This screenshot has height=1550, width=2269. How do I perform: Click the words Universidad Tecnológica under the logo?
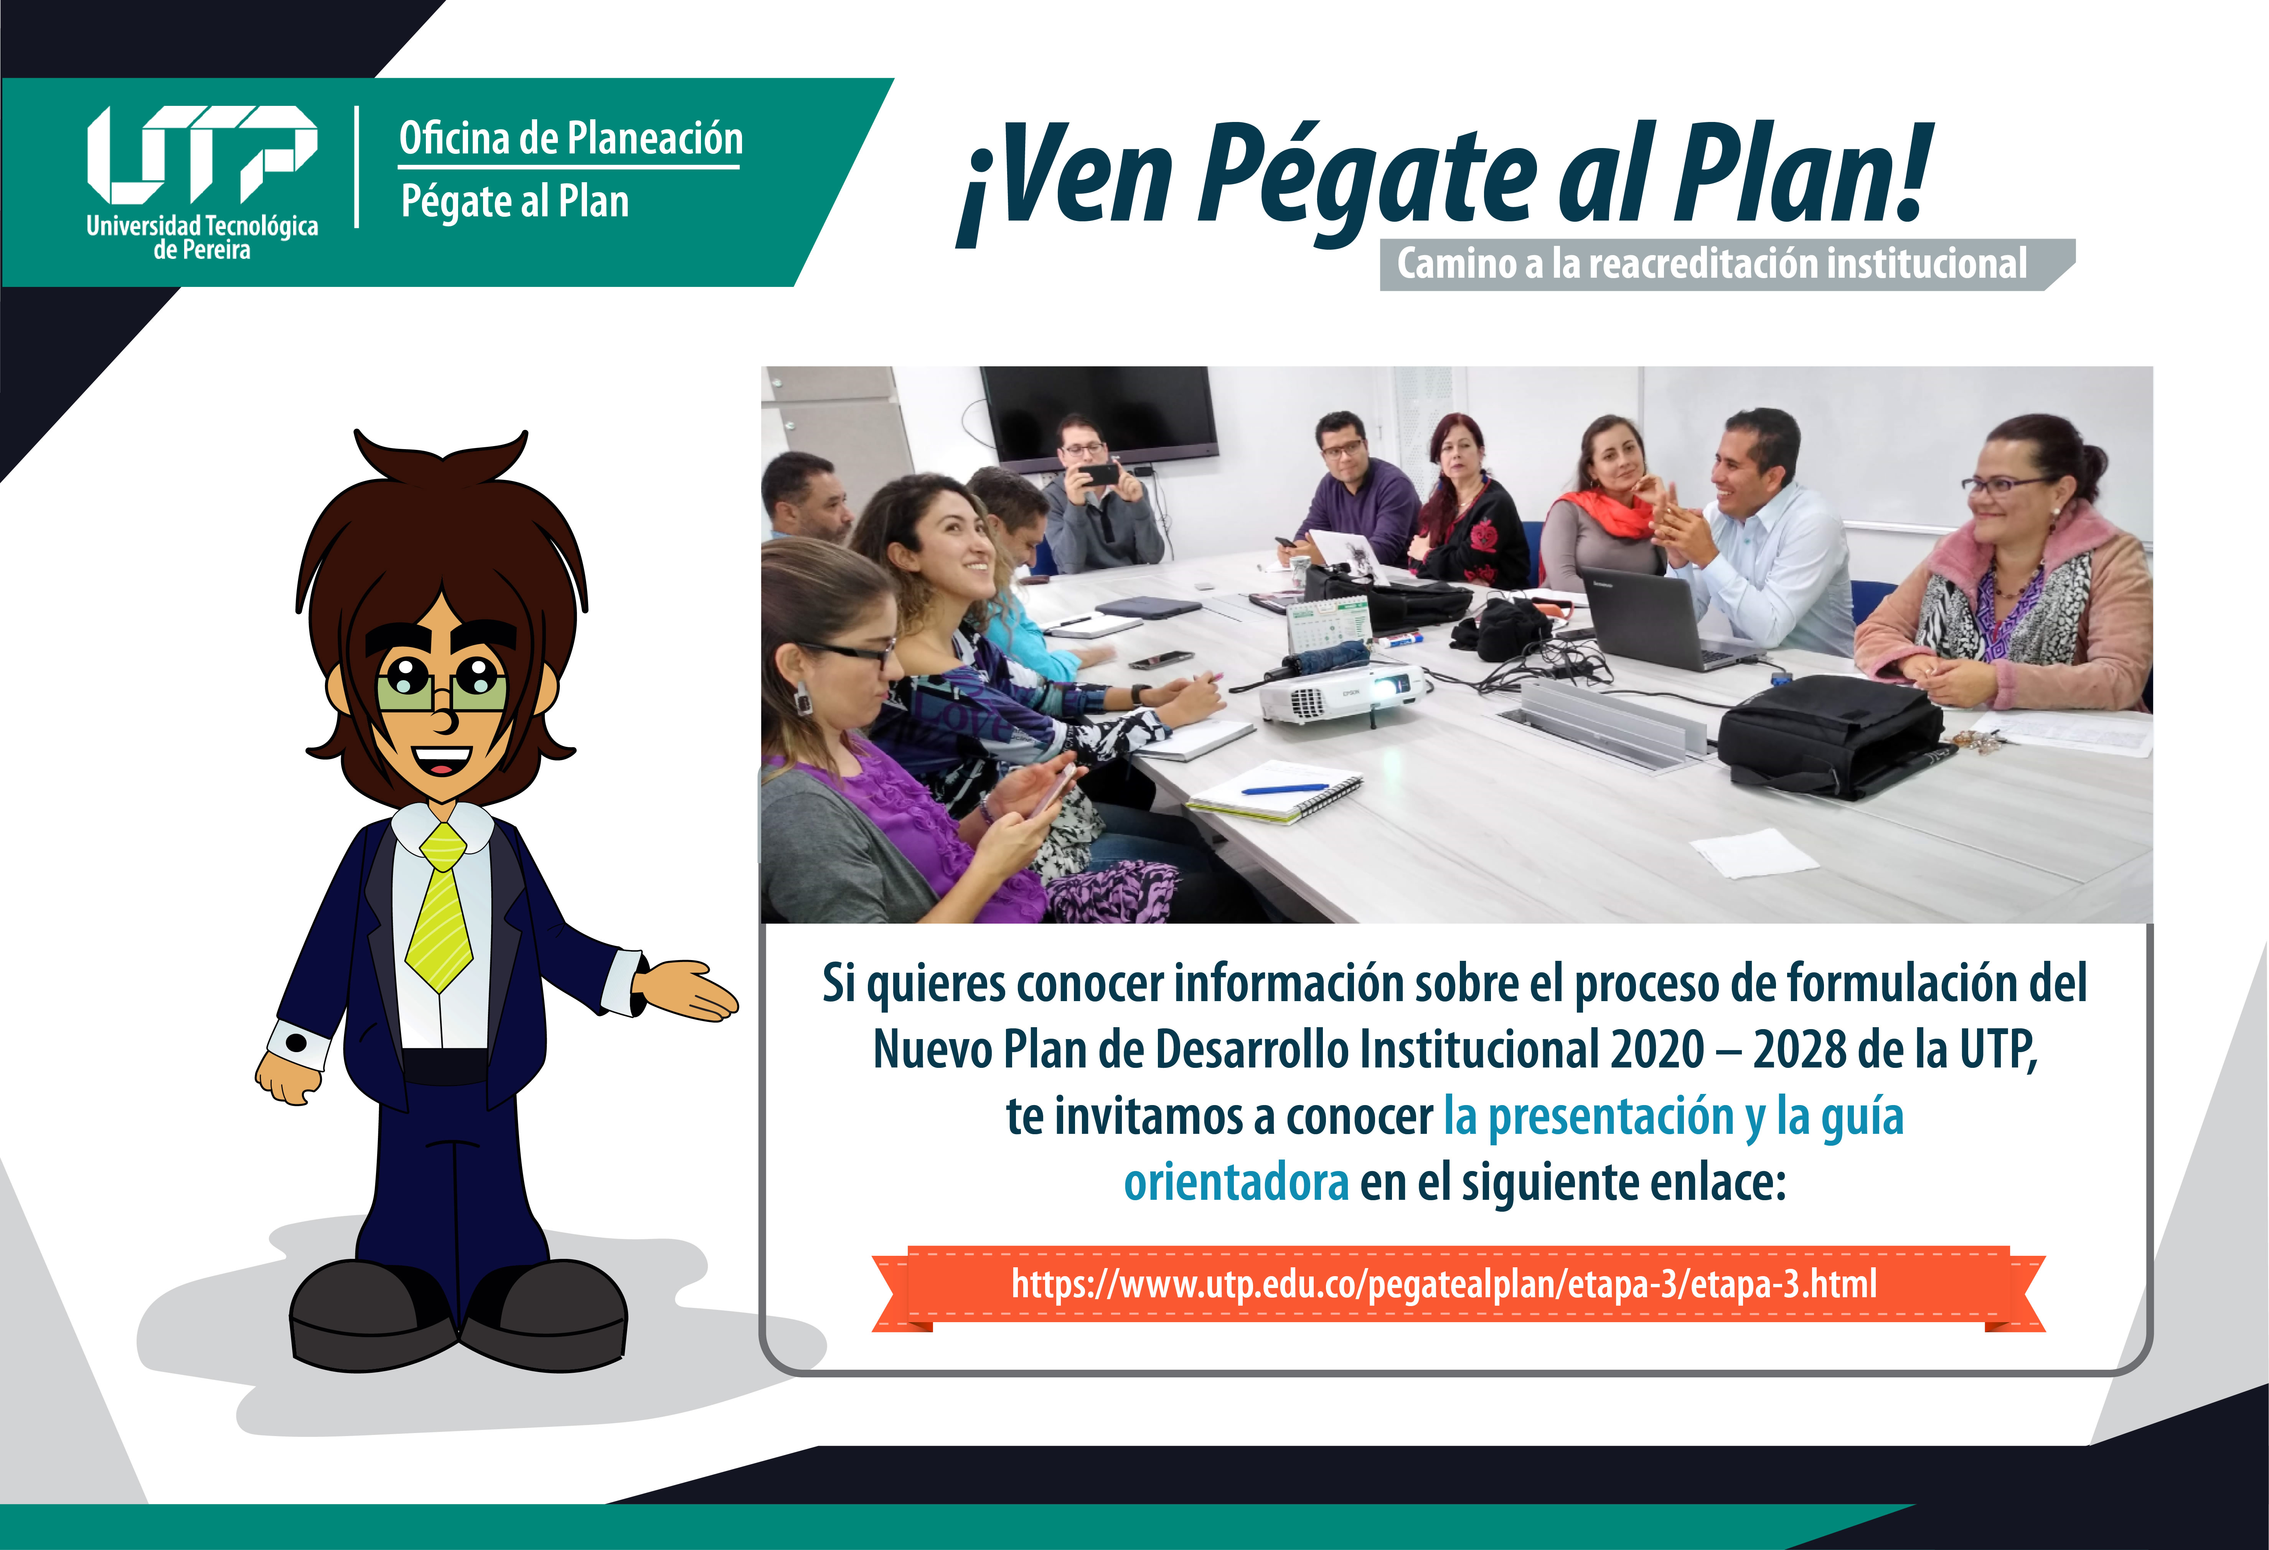pyautogui.click(x=202, y=226)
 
